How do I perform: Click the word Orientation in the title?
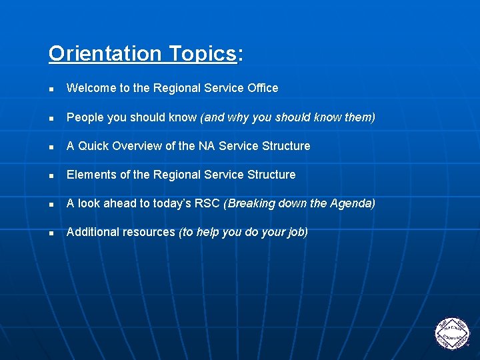point(105,53)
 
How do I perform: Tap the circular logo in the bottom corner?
point(452,333)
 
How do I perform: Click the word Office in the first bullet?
point(261,88)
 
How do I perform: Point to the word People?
point(85,117)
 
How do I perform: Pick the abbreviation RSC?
point(208,203)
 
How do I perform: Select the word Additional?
point(92,232)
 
